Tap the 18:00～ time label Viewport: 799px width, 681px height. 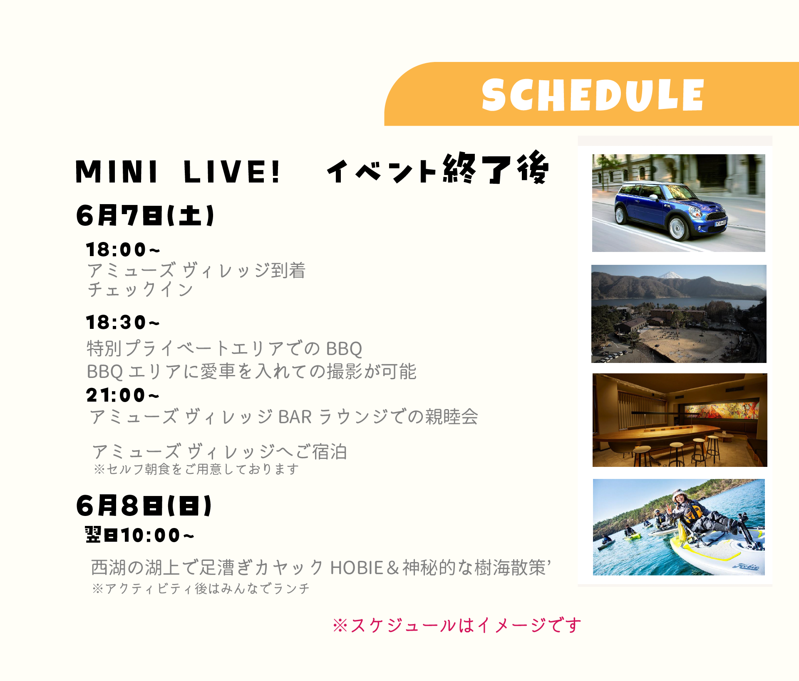pos(123,250)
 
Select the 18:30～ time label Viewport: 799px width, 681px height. pos(123,323)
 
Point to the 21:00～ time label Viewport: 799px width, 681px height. pos(123,395)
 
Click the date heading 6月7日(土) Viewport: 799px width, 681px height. pos(145,216)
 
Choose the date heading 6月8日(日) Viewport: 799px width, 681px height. pos(144,506)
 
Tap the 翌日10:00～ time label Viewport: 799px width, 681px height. pos(139,535)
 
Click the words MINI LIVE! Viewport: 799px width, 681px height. pos(178,172)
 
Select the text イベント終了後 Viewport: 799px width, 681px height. pos(438,168)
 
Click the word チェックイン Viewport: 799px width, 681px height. pos(140,290)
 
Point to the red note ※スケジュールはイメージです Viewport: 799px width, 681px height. pos(457,625)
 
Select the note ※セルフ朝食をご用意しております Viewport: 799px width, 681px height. pos(196,469)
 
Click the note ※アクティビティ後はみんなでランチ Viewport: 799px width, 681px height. pos(201,589)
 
